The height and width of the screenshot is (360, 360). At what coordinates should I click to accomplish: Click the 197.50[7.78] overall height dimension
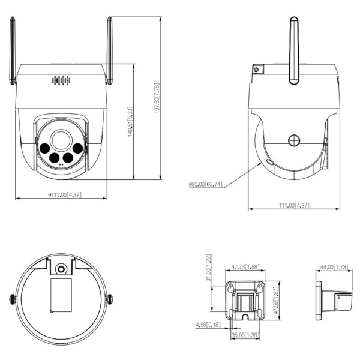point(157,98)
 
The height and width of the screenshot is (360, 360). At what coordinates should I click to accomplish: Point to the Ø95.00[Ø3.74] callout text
point(205,184)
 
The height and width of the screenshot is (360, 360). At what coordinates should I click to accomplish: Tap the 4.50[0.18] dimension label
point(207,325)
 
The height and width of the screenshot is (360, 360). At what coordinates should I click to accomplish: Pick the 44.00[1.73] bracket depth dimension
point(334,268)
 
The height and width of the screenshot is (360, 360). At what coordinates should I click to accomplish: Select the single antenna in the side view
point(295,51)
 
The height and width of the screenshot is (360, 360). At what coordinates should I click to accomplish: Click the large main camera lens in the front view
point(61,139)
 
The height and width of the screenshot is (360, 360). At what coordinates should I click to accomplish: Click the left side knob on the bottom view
point(11,298)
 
